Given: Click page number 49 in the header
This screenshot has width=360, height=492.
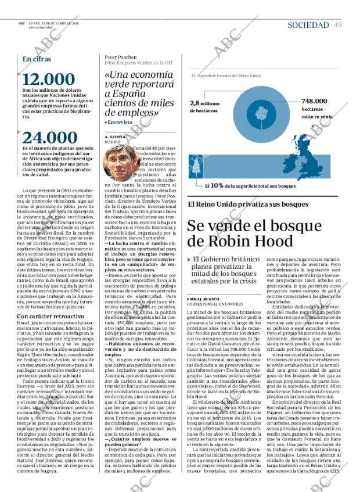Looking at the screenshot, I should click(338, 25).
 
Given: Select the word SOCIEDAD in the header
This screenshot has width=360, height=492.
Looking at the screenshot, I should click(308, 25).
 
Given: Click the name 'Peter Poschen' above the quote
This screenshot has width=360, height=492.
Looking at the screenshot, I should click(121, 58).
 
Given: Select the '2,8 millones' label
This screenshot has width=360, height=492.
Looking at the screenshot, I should click(204, 103).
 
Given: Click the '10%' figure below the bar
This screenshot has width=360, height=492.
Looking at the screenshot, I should click(217, 186).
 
